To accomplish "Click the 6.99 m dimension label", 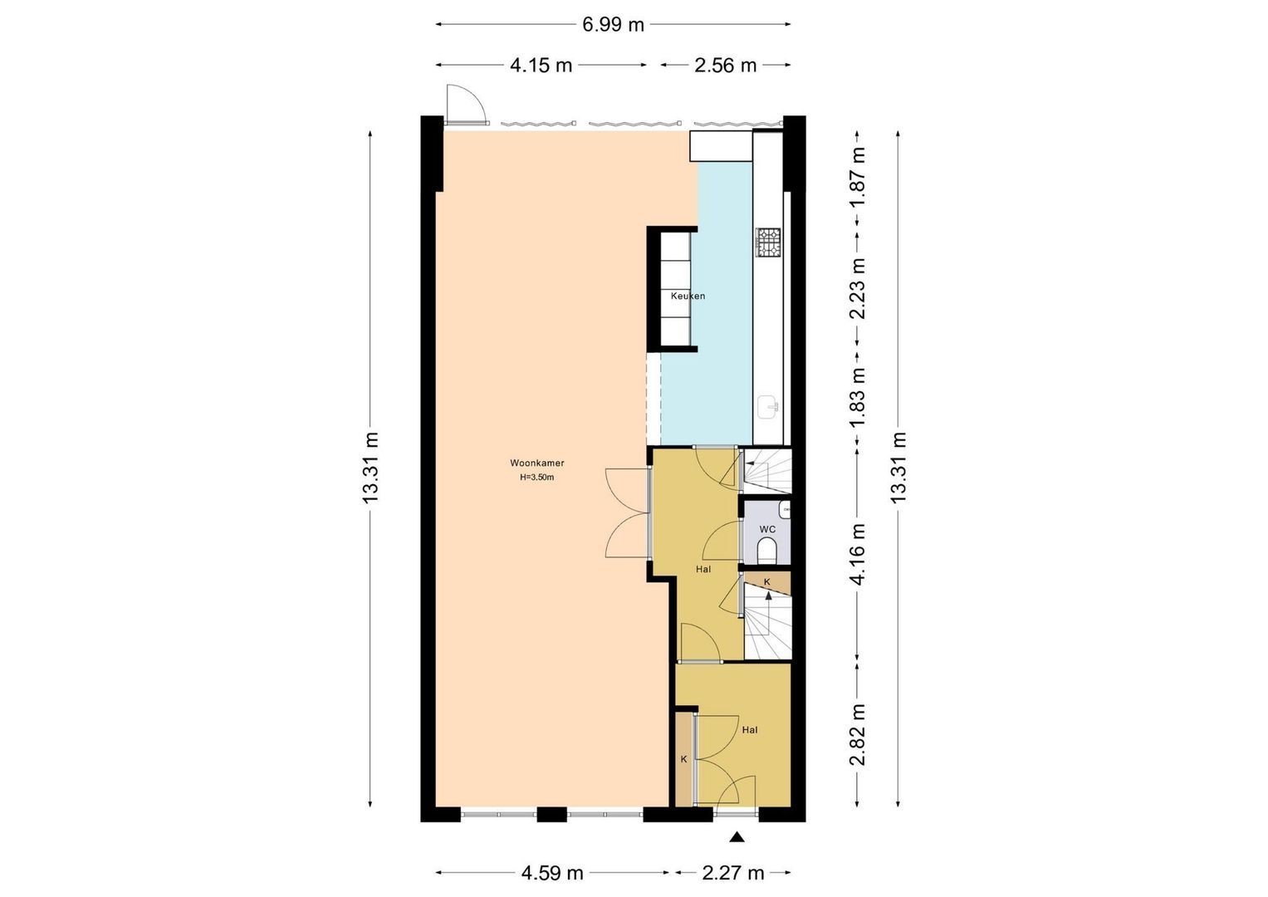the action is click(x=613, y=25).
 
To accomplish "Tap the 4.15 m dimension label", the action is click(x=541, y=66).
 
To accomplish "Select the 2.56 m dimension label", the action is click(x=726, y=66).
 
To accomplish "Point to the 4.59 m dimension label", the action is click(x=552, y=873).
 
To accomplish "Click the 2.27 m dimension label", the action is click(x=733, y=873).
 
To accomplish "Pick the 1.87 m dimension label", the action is click(x=859, y=177).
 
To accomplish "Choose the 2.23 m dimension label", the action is click(x=859, y=289).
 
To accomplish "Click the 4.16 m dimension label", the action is click(x=859, y=554).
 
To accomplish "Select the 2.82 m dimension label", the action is click(x=859, y=734).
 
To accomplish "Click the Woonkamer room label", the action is click(x=537, y=463).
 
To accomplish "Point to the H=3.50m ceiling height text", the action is click(x=537, y=478).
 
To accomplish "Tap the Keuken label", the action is click(x=688, y=297).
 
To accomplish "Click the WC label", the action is click(x=767, y=530).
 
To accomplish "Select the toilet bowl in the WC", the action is click(x=766, y=551).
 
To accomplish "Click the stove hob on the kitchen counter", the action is click(x=767, y=242).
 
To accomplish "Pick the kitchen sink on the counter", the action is click(x=768, y=407).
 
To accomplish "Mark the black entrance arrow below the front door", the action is click(x=737, y=836).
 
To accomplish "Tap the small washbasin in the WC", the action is click(x=785, y=510).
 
